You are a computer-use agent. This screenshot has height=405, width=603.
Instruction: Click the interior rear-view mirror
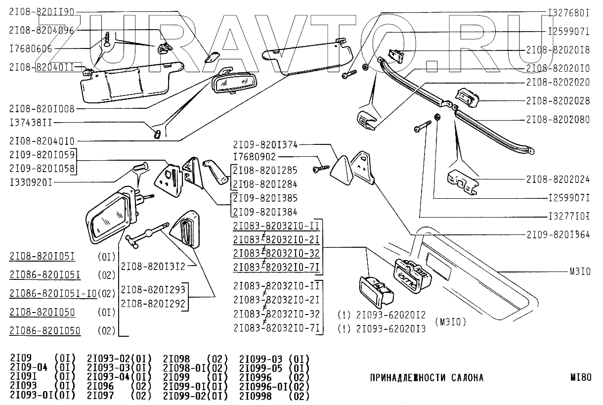pyautogui.click(x=234, y=81)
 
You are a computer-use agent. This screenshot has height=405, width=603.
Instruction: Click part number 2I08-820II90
pyautogui.click(x=42, y=12)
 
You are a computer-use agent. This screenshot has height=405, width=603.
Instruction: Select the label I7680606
pyautogui.click(x=31, y=49)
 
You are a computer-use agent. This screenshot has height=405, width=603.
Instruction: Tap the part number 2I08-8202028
pyautogui.click(x=558, y=101)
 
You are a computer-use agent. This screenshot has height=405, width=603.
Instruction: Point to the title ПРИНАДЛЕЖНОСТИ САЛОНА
pyautogui.click(x=427, y=378)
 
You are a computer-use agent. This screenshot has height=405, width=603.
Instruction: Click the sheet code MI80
pyautogui.click(x=581, y=377)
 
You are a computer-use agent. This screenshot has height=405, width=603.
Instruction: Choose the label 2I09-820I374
pyautogui.click(x=265, y=145)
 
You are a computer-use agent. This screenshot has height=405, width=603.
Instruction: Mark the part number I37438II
pyautogui.click(x=31, y=123)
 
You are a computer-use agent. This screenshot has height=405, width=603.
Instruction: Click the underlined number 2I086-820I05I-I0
pyautogui.click(x=53, y=293)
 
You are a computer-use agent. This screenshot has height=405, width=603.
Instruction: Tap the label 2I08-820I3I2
pyautogui.click(x=153, y=267)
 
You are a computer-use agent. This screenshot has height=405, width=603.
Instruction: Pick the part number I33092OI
pyautogui.click(x=31, y=183)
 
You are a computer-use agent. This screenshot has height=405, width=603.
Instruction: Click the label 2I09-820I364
pyautogui.click(x=558, y=234)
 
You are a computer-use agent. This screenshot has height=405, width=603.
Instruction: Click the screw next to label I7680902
pyautogui.click(x=321, y=169)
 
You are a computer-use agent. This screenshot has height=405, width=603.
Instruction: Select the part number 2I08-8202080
pyautogui.click(x=558, y=120)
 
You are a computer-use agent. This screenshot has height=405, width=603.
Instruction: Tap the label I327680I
pyautogui.click(x=569, y=13)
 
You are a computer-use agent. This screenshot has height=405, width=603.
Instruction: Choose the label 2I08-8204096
pyautogui.click(x=42, y=30)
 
